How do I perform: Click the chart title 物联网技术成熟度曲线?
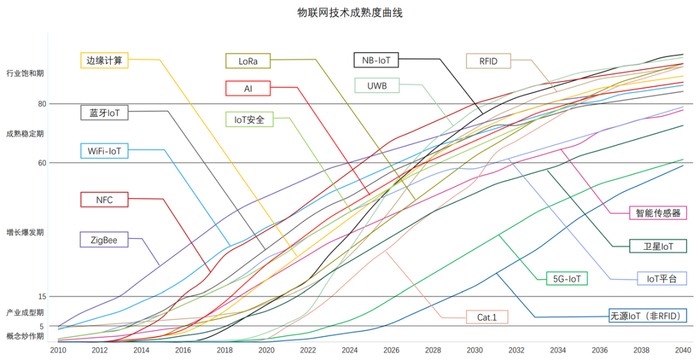pos(349,12)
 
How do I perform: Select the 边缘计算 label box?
pos(104,60)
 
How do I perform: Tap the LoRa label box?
pos(249,61)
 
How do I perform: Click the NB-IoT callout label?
pos(376,60)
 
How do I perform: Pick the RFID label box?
pos(489,61)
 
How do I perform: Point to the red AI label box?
pos(249,88)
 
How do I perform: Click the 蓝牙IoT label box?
pos(104,113)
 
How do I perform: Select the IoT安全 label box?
pos(249,119)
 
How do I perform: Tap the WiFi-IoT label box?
pos(104,151)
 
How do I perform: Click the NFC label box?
pos(104,199)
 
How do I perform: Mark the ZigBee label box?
pos(104,239)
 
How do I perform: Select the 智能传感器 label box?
pos(658,212)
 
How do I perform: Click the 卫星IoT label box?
pos(658,246)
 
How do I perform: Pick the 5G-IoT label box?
pos(566,278)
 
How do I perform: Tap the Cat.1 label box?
pos(487,317)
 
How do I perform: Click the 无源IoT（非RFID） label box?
pos(647,317)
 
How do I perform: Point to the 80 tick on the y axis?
pos(42,104)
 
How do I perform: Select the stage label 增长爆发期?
pos(25,232)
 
